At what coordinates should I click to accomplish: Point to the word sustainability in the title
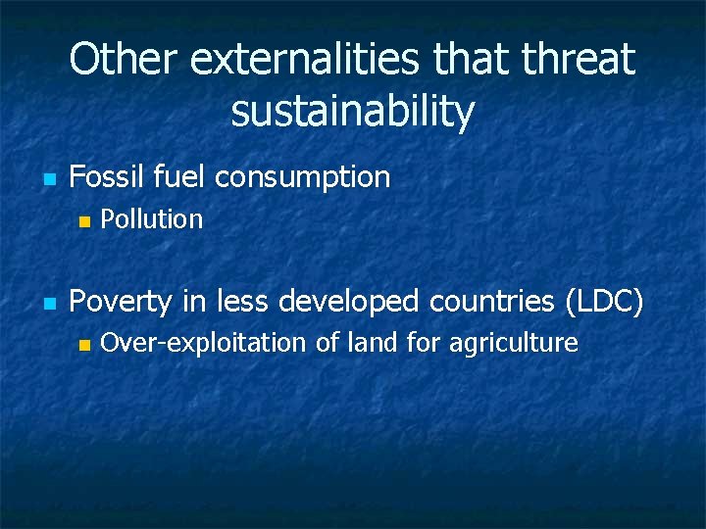pyautogui.click(x=353, y=112)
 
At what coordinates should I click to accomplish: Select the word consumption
pyautogui.click(x=302, y=178)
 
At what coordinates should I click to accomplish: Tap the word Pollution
pyautogui.click(x=152, y=219)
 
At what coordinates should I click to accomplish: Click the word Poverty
pyautogui.click(x=120, y=302)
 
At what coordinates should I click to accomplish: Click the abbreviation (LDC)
pyautogui.click(x=605, y=302)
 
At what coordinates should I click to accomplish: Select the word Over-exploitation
pyautogui.click(x=204, y=343)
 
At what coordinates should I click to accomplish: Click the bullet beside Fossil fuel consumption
pyautogui.click(x=46, y=179)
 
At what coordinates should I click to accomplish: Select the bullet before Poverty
pyautogui.click(x=46, y=304)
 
